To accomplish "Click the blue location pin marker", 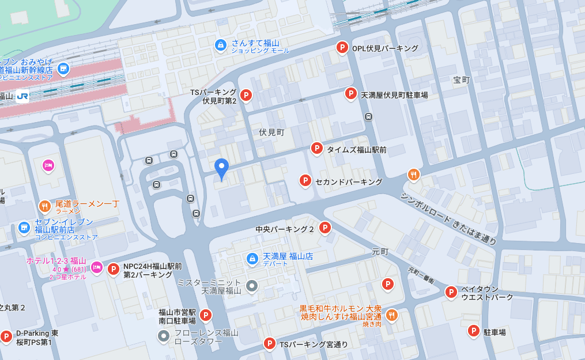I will click(x=221, y=168).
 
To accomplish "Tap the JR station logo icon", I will click(x=23, y=96).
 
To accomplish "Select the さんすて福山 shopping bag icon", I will click(x=220, y=44).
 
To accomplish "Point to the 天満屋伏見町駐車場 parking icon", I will click(x=350, y=93).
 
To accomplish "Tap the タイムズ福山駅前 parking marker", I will click(x=316, y=149).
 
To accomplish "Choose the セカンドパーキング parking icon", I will click(x=305, y=181).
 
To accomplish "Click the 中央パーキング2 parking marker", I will click(x=325, y=228).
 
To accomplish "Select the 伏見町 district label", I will click(x=272, y=132).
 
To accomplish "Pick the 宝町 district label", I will click(x=461, y=80).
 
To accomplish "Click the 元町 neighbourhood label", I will click(x=380, y=252).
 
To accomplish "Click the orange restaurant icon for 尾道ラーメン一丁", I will click(x=45, y=206).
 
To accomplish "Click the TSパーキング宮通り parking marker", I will click(x=269, y=344).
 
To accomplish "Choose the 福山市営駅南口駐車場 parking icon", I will click(x=205, y=316).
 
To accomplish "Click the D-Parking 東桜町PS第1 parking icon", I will click(x=6, y=336).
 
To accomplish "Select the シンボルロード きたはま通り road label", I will click(x=449, y=218).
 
